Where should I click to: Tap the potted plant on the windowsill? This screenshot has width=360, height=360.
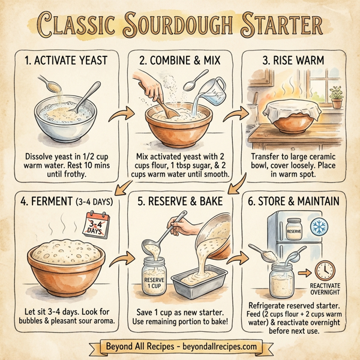336,96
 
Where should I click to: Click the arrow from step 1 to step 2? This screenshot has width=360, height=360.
125,112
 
